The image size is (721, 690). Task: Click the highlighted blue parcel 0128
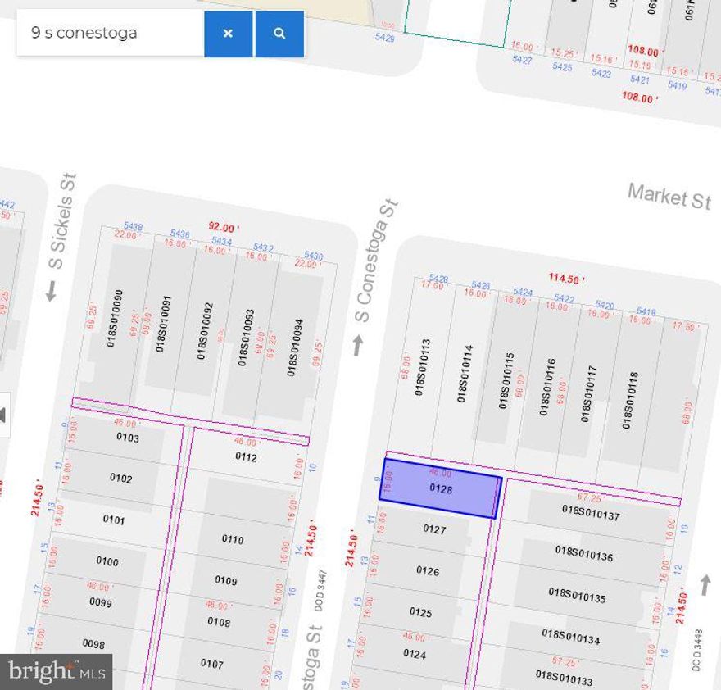click(x=440, y=488)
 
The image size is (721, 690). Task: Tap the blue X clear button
click(x=228, y=34)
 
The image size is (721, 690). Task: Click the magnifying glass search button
click(x=280, y=34)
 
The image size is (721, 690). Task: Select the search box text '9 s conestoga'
click(x=84, y=34)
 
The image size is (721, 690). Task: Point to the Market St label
click(x=669, y=196)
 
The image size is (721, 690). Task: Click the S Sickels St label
click(x=62, y=220)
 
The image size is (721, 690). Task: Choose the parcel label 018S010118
click(x=628, y=400)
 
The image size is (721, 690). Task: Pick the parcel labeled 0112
click(x=246, y=457)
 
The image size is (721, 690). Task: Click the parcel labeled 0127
click(x=434, y=529)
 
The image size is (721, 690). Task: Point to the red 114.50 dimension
click(x=566, y=278)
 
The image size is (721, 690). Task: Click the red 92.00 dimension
click(x=223, y=227)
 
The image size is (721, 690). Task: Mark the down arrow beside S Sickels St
click(x=51, y=291)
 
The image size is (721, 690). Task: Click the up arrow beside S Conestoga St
click(x=357, y=345)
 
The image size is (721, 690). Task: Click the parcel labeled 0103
click(x=128, y=438)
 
